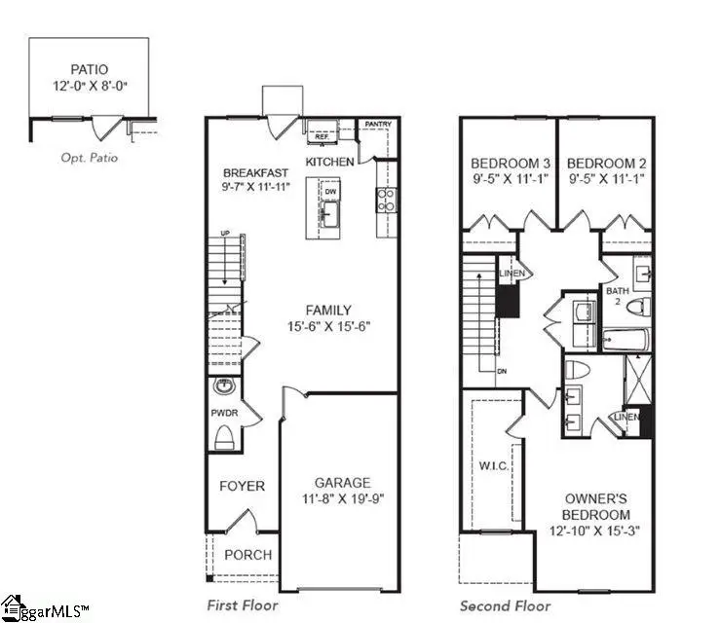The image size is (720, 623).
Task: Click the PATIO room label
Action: (88, 70)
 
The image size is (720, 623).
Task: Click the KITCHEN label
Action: (329, 161)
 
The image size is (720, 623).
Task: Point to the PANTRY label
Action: (377, 125)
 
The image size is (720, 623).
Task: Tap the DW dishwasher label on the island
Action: (329, 191)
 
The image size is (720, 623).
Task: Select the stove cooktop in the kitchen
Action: (386, 199)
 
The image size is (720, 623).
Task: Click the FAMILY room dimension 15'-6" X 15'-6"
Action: (329, 328)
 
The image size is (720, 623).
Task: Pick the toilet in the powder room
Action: (225, 435)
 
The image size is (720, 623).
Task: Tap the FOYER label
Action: (242, 486)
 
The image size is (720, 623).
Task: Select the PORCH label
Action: (248, 555)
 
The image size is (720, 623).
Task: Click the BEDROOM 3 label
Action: (507, 163)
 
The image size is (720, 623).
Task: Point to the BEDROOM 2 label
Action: (603, 163)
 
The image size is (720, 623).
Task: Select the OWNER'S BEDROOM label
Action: (596, 506)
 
